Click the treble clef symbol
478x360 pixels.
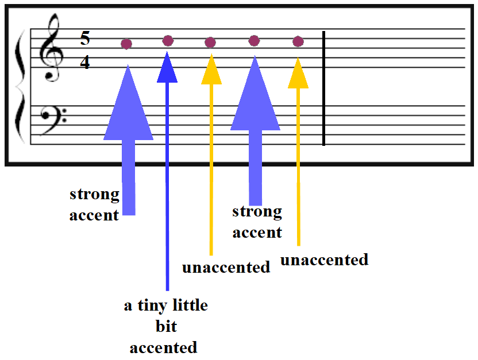(x=51, y=47)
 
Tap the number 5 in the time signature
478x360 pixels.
(x=85, y=38)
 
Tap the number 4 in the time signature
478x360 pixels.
(x=85, y=63)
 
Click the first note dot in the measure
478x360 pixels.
(x=126, y=44)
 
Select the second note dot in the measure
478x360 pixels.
(x=168, y=41)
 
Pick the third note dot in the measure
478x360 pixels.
(x=210, y=42)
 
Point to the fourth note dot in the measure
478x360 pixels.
(x=255, y=41)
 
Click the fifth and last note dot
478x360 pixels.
(x=298, y=41)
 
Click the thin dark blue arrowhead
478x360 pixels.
(x=167, y=68)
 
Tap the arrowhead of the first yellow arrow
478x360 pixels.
(x=211, y=69)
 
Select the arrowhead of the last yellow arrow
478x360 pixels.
(x=298, y=73)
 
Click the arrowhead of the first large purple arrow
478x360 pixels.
(x=128, y=103)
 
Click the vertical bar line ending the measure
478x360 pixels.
(x=324, y=88)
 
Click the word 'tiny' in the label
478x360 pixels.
(x=152, y=305)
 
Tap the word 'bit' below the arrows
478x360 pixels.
(x=166, y=326)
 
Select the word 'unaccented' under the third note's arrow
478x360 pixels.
(x=226, y=268)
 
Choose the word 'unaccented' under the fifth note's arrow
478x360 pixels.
(x=325, y=260)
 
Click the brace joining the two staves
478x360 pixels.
(x=20, y=87)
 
